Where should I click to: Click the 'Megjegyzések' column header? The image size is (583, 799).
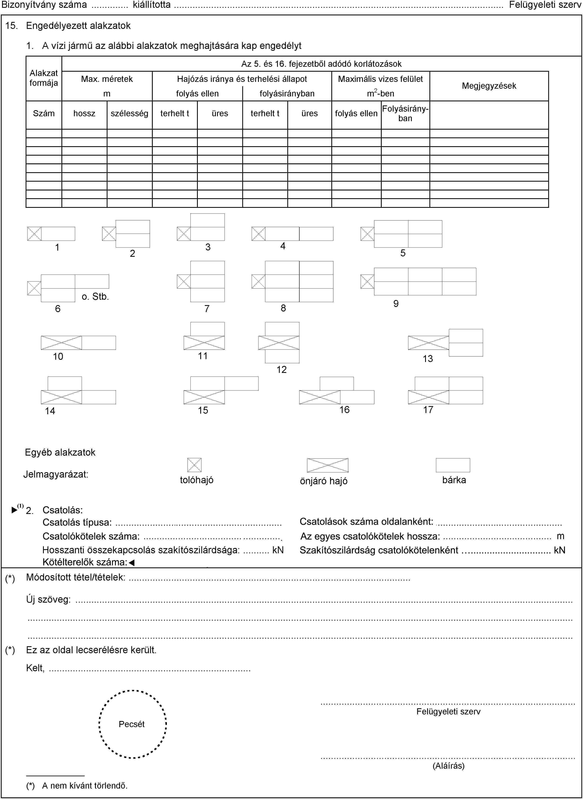click(489, 86)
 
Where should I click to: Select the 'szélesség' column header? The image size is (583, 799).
click(129, 113)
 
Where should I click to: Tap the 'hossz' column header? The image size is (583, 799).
click(84, 113)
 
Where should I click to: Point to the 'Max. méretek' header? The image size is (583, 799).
click(107, 79)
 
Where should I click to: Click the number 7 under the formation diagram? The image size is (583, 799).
click(207, 309)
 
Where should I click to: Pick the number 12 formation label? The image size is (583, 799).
click(281, 370)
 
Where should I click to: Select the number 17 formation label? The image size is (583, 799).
click(428, 410)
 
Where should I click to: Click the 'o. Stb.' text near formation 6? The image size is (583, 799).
click(95, 297)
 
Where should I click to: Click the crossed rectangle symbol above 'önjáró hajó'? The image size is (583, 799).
click(327, 465)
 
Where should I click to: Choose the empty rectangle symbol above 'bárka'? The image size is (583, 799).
click(453, 465)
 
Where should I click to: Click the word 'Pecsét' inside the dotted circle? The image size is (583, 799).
click(132, 724)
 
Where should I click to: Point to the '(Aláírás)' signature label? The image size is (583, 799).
click(448, 765)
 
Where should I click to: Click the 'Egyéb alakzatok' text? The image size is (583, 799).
click(60, 453)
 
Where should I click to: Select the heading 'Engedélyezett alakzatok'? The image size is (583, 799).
click(78, 26)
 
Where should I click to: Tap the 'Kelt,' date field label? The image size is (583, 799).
click(35, 668)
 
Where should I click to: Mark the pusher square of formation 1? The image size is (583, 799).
click(34, 234)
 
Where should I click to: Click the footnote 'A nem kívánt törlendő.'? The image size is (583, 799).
click(85, 786)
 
